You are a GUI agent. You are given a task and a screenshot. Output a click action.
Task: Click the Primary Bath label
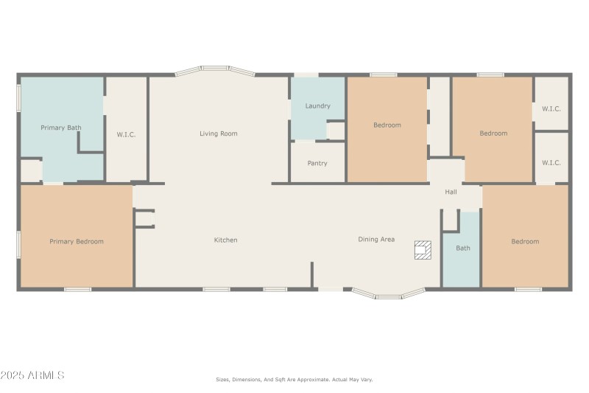pos(61,128)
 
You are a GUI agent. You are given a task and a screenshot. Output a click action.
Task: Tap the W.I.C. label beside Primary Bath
pos(127,134)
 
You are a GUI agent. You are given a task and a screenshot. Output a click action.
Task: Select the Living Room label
pos(219,133)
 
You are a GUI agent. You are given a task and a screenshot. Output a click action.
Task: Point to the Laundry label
pos(317,106)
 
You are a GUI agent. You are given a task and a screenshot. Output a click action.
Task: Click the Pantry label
pos(317,163)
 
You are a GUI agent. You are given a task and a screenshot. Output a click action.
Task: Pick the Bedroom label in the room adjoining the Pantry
pos(387,125)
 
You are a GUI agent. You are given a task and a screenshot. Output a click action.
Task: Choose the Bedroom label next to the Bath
pos(525,241)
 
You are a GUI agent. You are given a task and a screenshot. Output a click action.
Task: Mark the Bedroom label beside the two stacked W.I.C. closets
pos(493,133)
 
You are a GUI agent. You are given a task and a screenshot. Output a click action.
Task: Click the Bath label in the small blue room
pos(462,248)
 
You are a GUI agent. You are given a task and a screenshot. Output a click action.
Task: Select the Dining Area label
pos(376,239)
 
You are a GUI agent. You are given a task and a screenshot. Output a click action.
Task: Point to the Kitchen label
pos(225,240)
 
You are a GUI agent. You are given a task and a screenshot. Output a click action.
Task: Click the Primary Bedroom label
pos(77,241)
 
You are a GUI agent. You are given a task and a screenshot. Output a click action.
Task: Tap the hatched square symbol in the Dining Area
pos(423,250)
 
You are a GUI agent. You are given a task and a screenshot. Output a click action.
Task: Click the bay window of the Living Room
pos(215,72)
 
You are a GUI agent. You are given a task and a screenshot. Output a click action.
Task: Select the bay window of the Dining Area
pos(388,294)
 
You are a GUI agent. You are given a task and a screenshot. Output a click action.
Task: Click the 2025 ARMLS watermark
pos(33,375)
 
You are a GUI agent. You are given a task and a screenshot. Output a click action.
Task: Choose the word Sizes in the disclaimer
pos(222,379)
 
